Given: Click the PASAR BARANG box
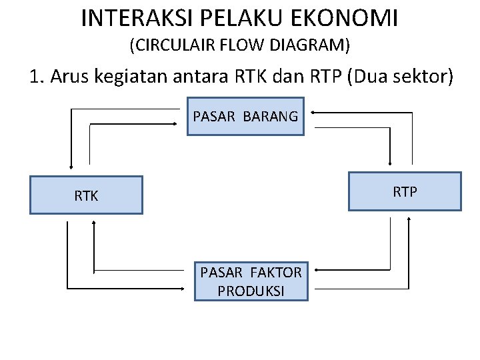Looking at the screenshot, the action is [x=245, y=117].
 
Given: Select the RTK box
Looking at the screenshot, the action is [x=86, y=195].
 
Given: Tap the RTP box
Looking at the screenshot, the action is [x=405, y=191].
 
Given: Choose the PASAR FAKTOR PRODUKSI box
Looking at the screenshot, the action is [x=251, y=281].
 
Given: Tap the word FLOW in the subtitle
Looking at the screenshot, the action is [x=245, y=46].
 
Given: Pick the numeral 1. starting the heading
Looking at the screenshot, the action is [x=37, y=77].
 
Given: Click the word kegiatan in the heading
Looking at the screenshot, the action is [x=125, y=77].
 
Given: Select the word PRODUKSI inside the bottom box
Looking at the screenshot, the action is [x=251, y=291].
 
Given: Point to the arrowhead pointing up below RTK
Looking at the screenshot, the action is [x=94, y=225].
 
